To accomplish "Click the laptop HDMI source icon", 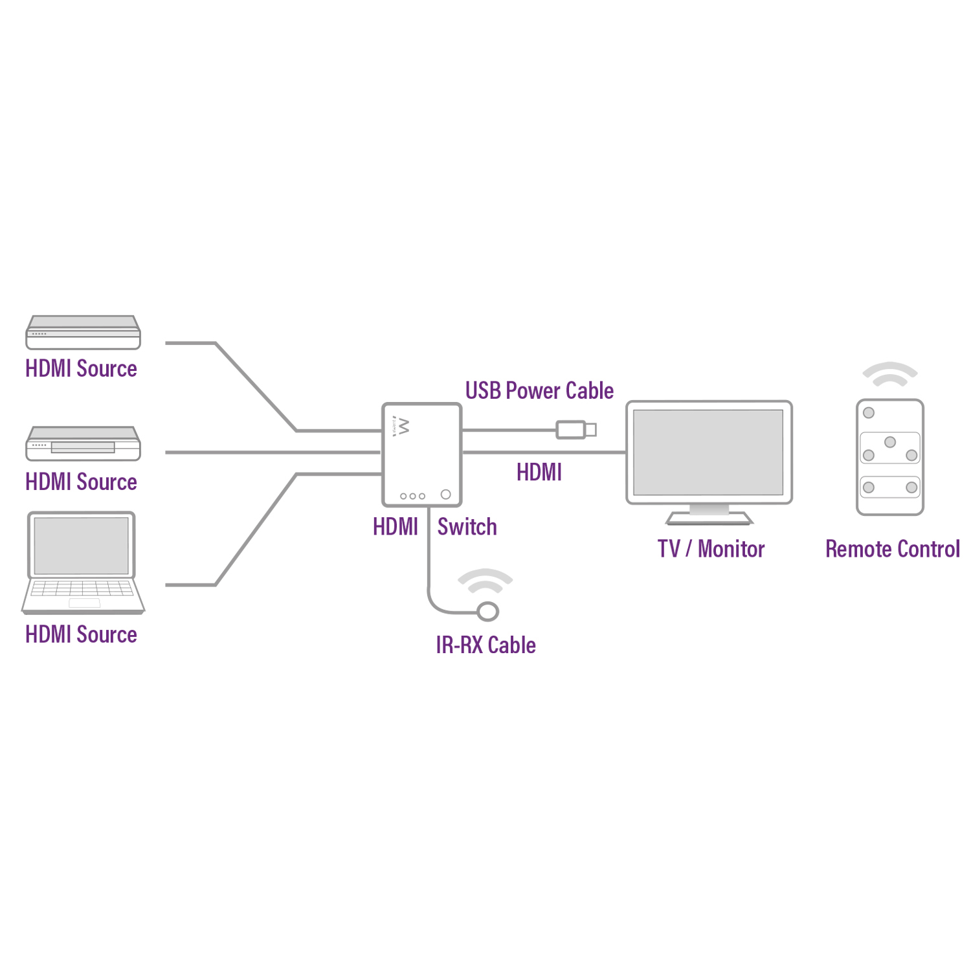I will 82,562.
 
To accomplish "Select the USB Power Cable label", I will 539,391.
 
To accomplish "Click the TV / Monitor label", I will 711,549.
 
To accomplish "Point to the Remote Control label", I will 892,549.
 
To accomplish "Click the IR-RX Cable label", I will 485,645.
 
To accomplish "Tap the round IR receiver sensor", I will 487,610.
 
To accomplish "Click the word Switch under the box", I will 467,527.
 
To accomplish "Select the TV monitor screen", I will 708,452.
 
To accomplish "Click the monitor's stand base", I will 709,519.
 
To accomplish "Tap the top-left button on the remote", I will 869,413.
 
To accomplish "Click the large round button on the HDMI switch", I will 445,495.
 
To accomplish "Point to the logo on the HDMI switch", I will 402,427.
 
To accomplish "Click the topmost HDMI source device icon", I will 83,332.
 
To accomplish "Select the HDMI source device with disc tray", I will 83,443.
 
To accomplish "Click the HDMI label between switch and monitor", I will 539,473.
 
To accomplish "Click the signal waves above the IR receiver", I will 485,581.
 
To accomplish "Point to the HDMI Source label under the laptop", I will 81,634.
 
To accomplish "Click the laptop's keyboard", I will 82,588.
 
